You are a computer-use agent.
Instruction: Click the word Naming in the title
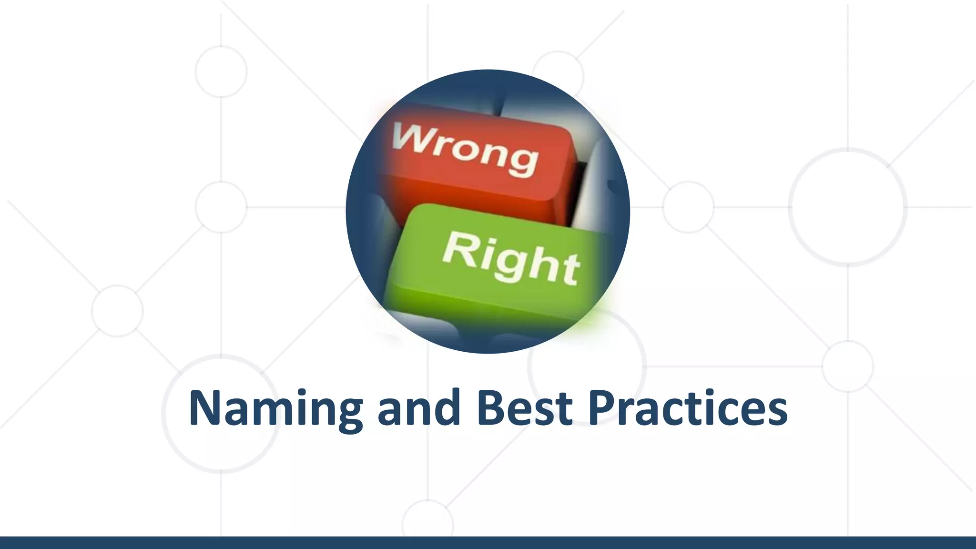click(x=275, y=409)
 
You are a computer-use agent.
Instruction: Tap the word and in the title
click(x=419, y=409)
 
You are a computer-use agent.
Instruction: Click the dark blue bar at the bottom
click(x=488, y=543)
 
